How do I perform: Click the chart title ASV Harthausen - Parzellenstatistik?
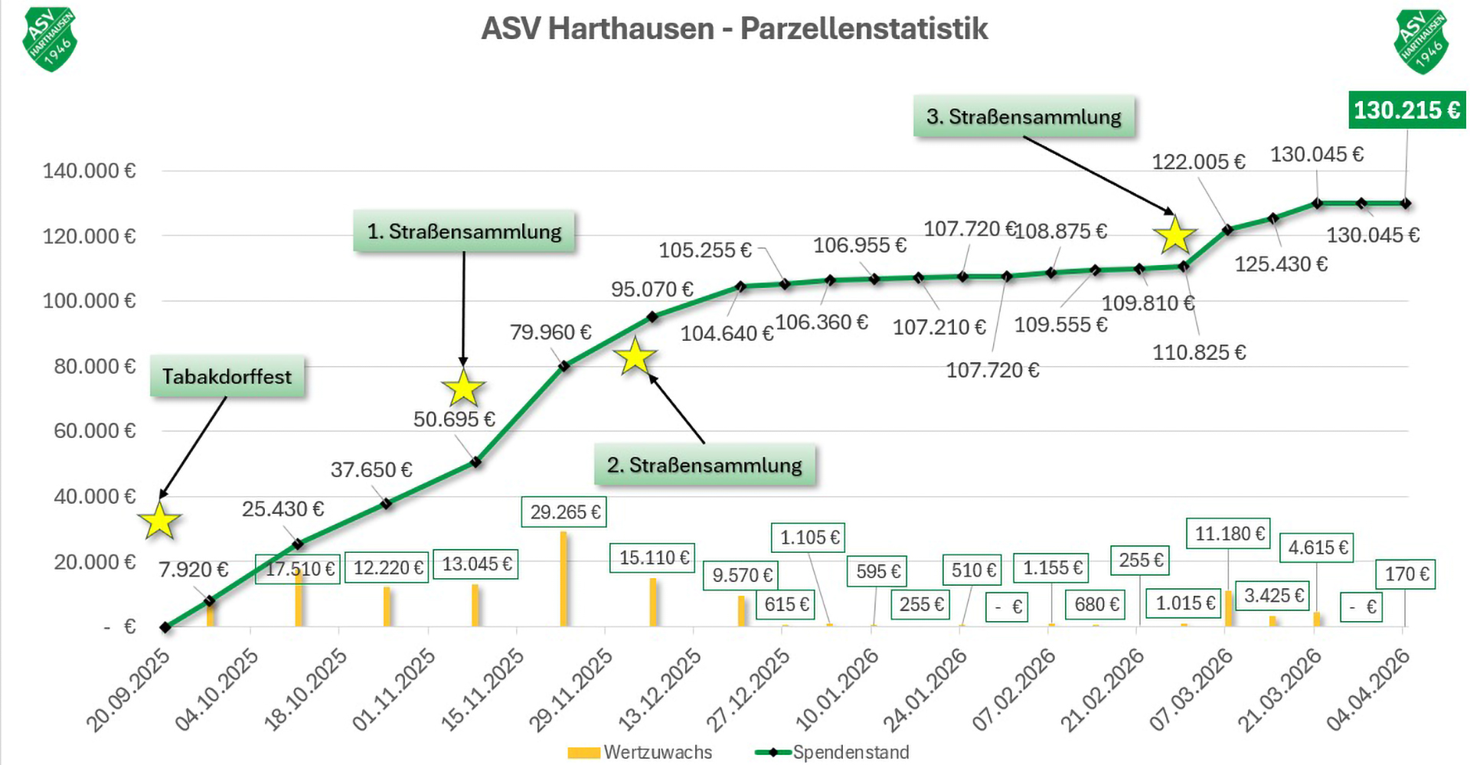tap(734, 29)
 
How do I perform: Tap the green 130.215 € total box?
tap(1406, 110)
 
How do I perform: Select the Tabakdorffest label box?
tap(227, 377)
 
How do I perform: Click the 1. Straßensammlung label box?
tap(464, 231)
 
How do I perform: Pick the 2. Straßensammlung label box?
tap(704, 465)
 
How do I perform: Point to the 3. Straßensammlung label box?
tap(1024, 116)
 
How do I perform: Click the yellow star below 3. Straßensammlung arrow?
tap(1174, 235)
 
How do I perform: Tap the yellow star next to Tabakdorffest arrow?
tap(160, 521)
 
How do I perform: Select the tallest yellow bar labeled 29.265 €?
tap(563, 578)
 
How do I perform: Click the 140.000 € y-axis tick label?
tap(89, 171)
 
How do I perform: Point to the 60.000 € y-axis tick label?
tap(94, 431)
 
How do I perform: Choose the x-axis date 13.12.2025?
tap(660, 688)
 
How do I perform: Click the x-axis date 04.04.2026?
tap(1368, 688)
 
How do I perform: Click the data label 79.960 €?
tap(550, 332)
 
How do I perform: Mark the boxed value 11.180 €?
tap(1230, 533)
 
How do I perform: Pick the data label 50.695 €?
tap(454, 420)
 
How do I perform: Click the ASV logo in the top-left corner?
tap(50, 40)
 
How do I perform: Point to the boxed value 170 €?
tap(1407, 574)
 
